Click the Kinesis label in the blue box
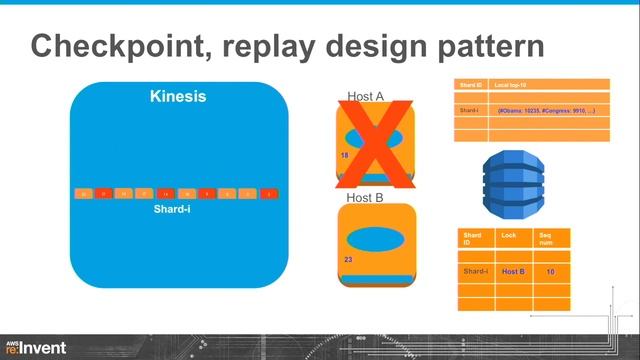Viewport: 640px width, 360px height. tap(177, 97)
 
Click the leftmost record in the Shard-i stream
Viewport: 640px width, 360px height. tap(84, 192)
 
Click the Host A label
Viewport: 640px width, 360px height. tap(366, 97)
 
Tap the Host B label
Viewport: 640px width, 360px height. tap(366, 198)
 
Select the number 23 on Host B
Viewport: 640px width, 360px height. tap(347, 260)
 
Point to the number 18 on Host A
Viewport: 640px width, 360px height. tap(345, 157)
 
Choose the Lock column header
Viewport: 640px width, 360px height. tap(509, 234)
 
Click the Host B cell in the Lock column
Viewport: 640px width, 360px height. tap(513, 271)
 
